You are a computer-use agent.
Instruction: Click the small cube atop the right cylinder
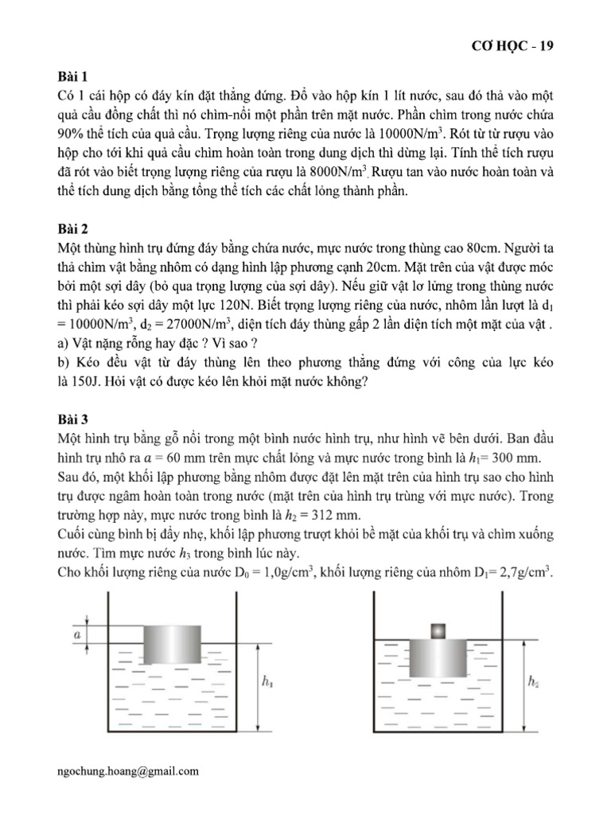437,631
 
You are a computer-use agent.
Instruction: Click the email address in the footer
129,770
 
